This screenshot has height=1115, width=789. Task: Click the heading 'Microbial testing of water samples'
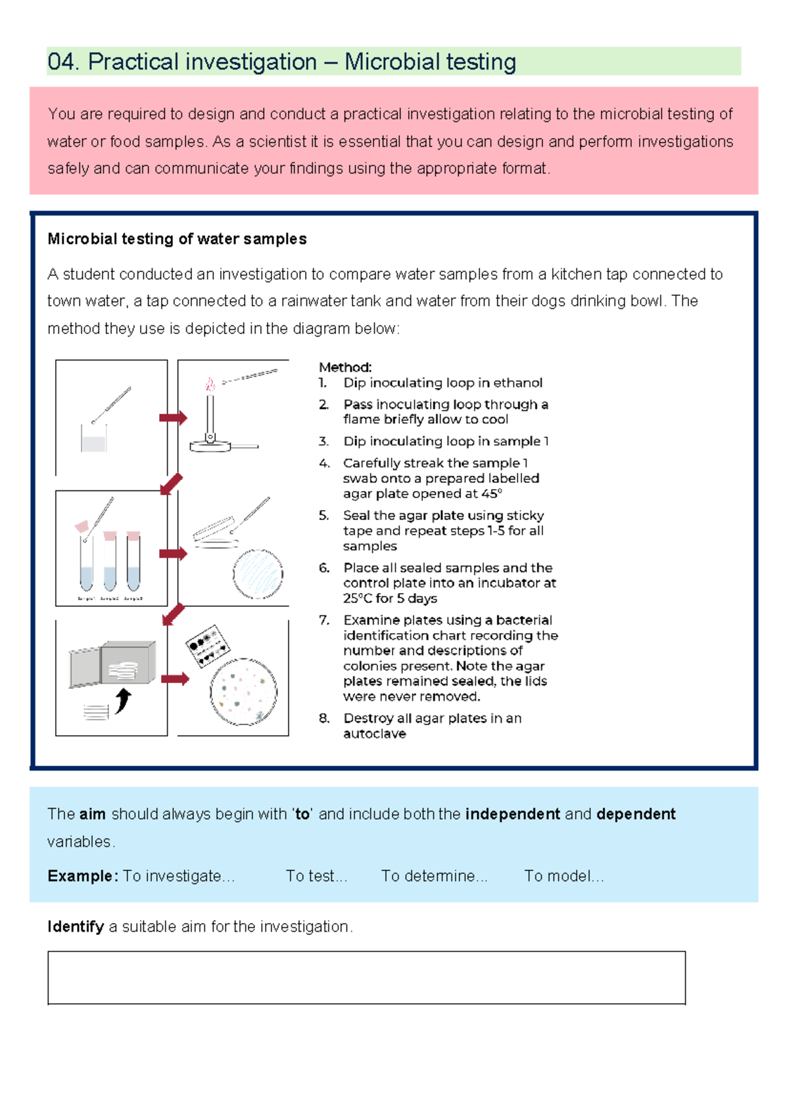pos(177,239)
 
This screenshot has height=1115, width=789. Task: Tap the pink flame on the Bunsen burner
pos(210,384)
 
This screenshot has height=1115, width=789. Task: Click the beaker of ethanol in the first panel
pos(93,440)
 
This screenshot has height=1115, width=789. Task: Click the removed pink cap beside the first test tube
pos(82,527)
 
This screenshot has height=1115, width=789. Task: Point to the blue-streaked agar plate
pos(258,574)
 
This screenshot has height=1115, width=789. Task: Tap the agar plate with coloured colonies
pos(243,692)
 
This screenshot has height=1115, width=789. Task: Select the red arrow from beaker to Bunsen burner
pos(173,417)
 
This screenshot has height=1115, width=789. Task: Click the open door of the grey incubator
pos(85,667)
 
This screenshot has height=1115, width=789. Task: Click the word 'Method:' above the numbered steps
pos(345,367)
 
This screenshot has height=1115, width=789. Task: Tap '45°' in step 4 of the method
pos(491,494)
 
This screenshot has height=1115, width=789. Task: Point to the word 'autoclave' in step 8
pos(374,734)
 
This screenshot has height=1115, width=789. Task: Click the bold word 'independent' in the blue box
pos(512,814)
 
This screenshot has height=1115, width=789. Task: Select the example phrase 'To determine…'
pos(434,876)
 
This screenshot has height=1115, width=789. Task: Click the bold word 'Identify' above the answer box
pos(76,926)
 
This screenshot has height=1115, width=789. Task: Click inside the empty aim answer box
pos(366,977)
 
